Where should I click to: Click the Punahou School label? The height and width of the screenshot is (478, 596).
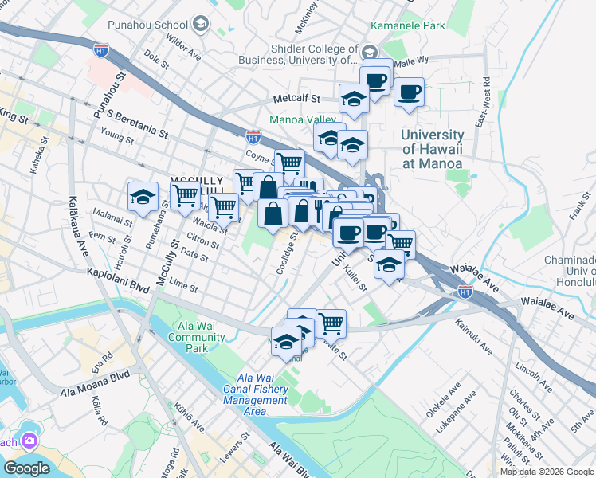pos(160,25)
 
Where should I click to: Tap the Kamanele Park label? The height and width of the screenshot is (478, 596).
pos(435,25)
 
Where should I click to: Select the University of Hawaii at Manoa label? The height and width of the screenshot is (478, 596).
pos(432,149)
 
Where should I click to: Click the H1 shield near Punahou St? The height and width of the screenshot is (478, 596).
pos(100,49)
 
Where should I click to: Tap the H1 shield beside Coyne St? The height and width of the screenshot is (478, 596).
pos(253,136)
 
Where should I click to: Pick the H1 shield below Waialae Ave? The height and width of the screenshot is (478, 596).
pos(465,292)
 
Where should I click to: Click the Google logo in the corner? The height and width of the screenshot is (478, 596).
pos(26,468)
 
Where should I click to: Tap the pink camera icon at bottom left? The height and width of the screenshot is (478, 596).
pos(29,441)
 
